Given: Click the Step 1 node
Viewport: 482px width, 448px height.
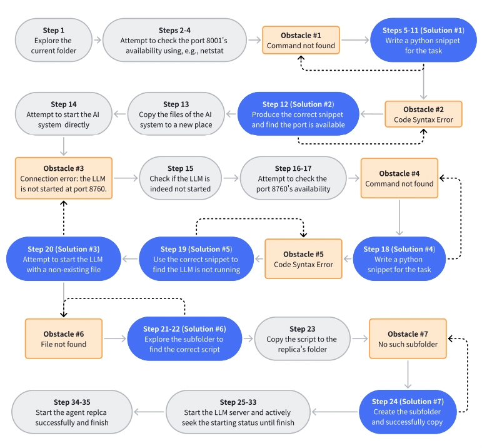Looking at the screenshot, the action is [x=54, y=40].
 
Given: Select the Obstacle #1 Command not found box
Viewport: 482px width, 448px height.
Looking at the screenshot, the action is [x=301, y=40].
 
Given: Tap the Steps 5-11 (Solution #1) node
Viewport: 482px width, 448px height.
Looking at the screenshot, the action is [x=423, y=40].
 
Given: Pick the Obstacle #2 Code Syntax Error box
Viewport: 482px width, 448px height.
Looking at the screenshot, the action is [x=423, y=114].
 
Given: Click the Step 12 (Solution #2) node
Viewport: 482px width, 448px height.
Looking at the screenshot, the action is [x=298, y=114].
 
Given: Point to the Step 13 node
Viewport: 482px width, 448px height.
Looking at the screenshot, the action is [x=176, y=114].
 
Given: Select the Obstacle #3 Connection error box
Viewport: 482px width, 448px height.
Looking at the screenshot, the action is [x=64, y=178].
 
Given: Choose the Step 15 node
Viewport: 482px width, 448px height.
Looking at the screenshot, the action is [x=180, y=178].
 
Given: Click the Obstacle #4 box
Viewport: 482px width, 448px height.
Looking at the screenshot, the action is [x=399, y=178].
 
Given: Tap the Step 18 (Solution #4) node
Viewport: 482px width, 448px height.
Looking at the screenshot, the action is [x=399, y=259].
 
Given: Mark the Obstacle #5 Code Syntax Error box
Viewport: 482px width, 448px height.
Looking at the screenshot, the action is [x=303, y=259].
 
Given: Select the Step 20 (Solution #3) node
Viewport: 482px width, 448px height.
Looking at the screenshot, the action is [x=64, y=259].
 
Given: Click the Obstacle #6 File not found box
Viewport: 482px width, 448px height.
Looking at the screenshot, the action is [x=64, y=339].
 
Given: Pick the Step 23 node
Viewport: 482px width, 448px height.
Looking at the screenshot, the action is [x=302, y=339].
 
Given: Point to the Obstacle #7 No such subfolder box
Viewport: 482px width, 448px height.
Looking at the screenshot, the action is [x=408, y=339].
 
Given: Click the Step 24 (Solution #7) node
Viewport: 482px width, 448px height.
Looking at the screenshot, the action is [x=408, y=412].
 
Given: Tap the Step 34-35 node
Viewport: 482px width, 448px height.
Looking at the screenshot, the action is [x=72, y=412].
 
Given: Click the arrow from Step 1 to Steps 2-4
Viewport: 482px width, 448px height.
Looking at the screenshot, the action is [x=98, y=40].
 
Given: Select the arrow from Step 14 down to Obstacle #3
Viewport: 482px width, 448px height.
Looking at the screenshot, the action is [x=64, y=146].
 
